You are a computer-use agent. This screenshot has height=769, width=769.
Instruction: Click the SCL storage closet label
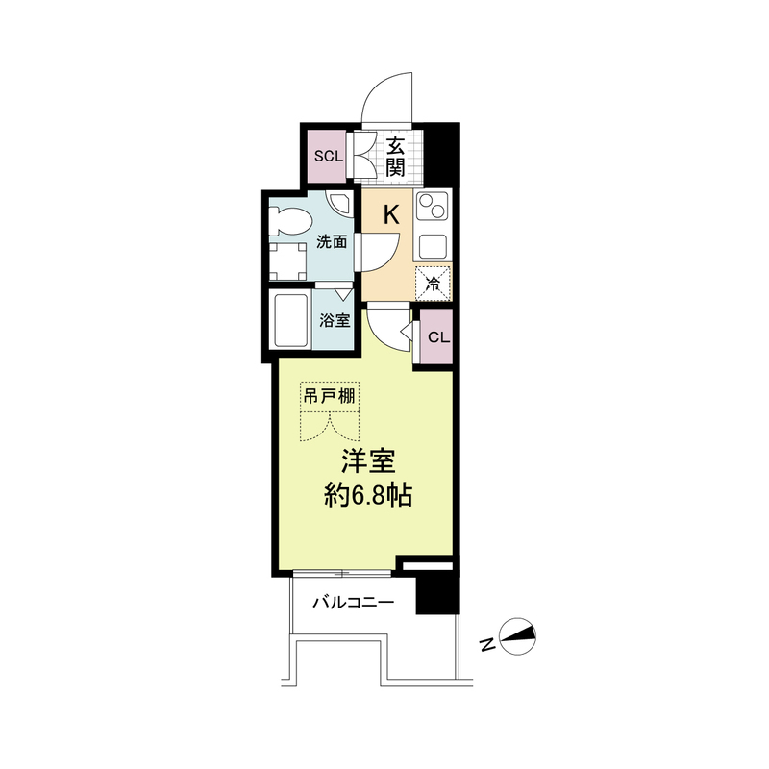pyautogui.click(x=329, y=157)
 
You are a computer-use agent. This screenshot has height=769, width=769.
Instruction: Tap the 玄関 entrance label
pyautogui.click(x=395, y=157)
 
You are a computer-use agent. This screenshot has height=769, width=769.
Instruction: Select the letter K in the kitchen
pyautogui.click(x=391, y=214)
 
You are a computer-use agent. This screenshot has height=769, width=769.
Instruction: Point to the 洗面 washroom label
pyautogui.click(x=332, y=242)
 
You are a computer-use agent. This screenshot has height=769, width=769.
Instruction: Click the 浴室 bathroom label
pyautogui.click(x=335, y=321)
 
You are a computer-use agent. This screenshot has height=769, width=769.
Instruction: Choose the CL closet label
pyautogui.click(x=438, y=337)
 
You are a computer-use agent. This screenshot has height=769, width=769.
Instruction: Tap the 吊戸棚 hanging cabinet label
pyautogui.click(x=329, y=396)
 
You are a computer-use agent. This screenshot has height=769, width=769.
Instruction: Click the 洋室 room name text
pyautogui.click(x=368, y=461)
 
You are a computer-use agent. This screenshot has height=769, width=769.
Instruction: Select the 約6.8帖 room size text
pyautogui.click(x=367, y=496)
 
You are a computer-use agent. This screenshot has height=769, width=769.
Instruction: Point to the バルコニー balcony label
pyautogui.click(x=353, y=602)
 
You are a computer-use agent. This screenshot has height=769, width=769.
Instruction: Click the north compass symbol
pyautogui.click(x=517, y=636)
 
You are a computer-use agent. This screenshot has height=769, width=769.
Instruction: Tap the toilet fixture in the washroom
pyautogui.click(x=290, y=222)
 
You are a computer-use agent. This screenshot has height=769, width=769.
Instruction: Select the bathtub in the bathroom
pyautogui.click(x=290, y=320)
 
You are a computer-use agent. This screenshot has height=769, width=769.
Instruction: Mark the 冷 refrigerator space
pyautogui.click(x=433, y=283)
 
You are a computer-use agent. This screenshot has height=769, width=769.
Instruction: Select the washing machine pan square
pyautogui.click(x=287, y=261)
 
